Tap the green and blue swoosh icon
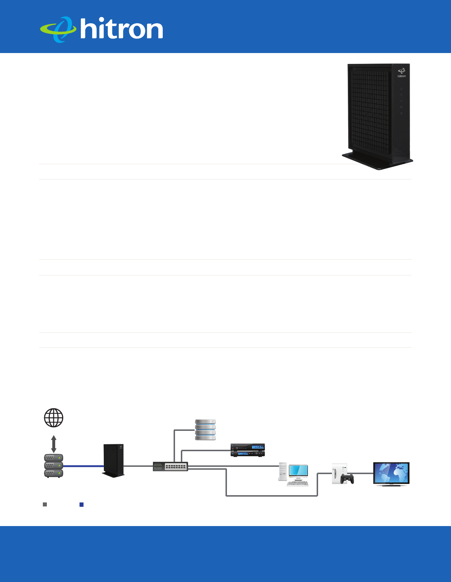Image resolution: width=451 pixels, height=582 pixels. point(58,29)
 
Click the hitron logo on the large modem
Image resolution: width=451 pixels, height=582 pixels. point(401,73)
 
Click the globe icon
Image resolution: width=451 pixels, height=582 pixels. point(54,418)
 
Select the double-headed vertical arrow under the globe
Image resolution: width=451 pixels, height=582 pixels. point(54,444)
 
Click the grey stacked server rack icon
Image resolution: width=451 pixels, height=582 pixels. point(54,466)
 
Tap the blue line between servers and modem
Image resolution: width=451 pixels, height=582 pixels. point(84,466)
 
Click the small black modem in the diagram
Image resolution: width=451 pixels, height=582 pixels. point(114,460)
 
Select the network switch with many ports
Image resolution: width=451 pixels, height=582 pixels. point(170,466)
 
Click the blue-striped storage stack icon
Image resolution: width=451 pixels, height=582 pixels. point(206,430)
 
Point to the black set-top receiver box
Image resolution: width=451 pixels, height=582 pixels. point(248,450)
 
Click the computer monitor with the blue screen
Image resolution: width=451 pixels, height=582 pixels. point(298,471)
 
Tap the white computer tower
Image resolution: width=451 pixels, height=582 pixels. point(283,472)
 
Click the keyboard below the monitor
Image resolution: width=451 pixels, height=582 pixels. point(298,484)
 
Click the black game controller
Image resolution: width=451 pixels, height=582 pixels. point(348,479)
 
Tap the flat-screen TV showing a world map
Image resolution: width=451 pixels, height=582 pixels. point(391,473)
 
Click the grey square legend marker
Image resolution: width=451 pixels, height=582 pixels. point(45,505)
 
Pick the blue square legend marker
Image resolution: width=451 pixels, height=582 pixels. point(82,505)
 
